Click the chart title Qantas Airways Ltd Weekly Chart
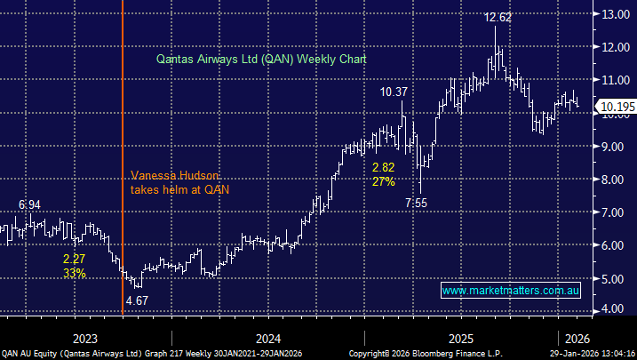(255, 59)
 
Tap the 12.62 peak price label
(496, 16)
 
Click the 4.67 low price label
(138, 300)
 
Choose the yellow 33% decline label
(74, 273)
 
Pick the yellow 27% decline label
(383, 181)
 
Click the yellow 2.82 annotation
(384, 168)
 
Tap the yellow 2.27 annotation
(74, 259)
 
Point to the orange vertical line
(123, 107)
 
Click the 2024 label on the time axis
(267, 338)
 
